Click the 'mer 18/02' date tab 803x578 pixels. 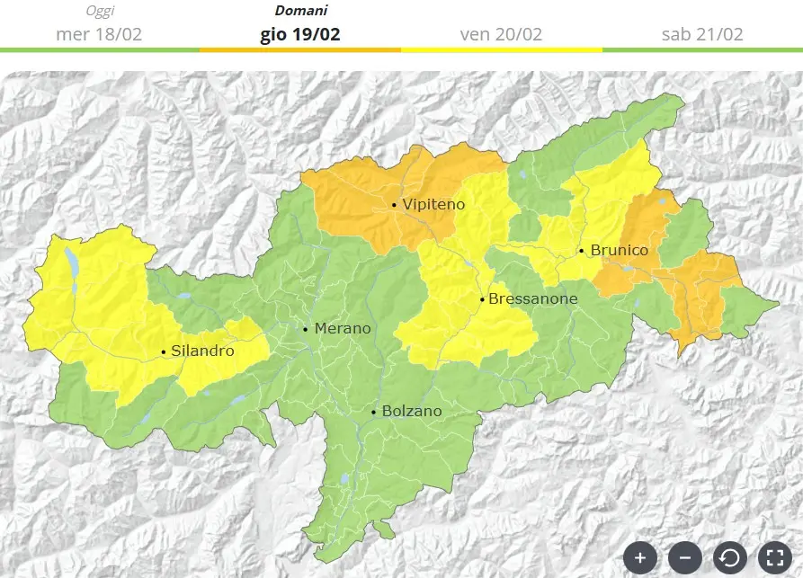click(99, 34)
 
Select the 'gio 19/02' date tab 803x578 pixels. click(300, 34)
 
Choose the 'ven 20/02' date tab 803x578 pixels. click(501, 34)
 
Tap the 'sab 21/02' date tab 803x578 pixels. click(702, 34)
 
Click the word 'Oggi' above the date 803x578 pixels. click(100, 12)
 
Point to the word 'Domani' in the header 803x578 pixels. click(300, 12)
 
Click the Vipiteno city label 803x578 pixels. click(433, 205)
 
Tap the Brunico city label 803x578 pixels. click(619, 251)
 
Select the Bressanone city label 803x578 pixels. click(532, 299)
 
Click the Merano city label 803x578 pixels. click(342, 329)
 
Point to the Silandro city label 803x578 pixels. click(202, 351)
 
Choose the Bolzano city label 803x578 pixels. click(412, 412)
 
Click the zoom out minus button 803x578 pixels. click(684, 558)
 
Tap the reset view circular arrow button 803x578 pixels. click(729, 558)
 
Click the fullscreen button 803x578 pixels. click(774, 558)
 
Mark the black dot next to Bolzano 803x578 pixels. click(374, 413)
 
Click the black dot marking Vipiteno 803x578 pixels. click(395, 206)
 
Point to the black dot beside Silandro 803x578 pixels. click(163, 351)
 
